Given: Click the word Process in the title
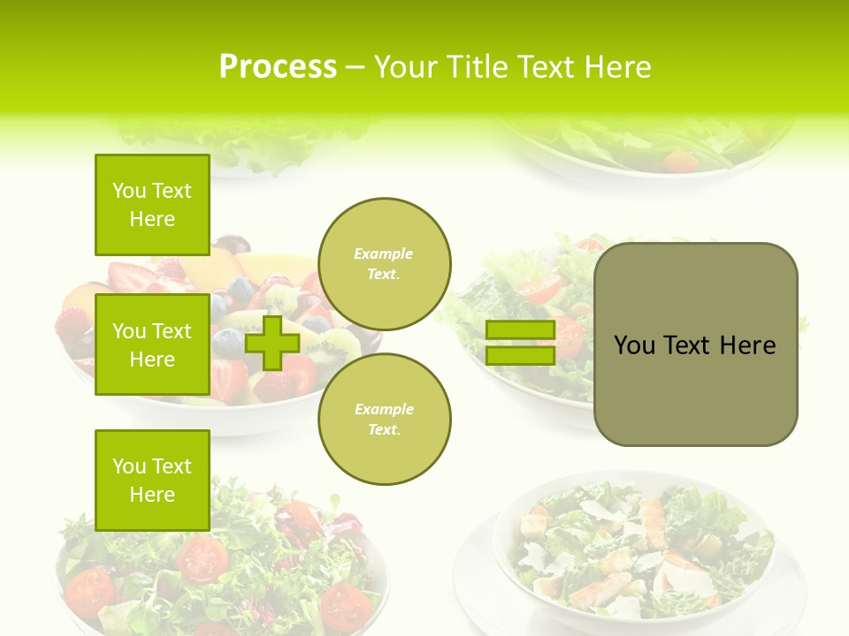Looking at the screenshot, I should click(278, 67).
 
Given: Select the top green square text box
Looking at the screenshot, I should click(152, 205).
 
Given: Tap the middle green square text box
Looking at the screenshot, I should click(152, 344).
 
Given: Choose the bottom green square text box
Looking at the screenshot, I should click(152, 480).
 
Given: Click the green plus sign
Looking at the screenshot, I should click(272, 343).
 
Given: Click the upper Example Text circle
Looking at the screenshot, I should click(385, 264).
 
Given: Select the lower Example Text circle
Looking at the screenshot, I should click(385, 420).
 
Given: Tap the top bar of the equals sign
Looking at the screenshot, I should click(520, 330).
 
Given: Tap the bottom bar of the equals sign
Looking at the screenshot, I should click(520, 355).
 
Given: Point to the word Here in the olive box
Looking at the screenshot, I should click(747, 345).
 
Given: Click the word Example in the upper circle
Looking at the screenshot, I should click(383, 254).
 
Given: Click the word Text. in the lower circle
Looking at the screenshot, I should click(384, 430).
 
